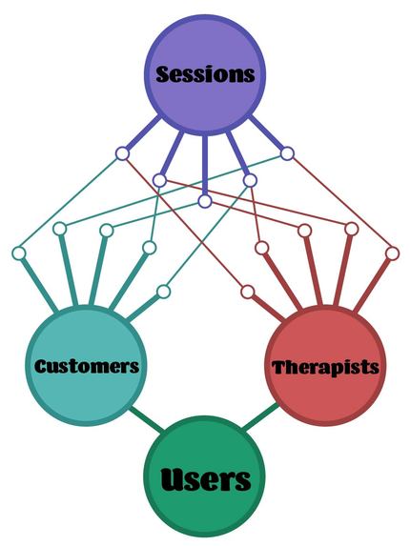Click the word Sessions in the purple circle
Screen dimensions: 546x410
click(205, 74)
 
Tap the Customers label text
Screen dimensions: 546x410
click(87, 366)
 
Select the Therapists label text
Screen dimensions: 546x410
click(325, 367)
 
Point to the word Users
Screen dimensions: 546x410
click(205, 479)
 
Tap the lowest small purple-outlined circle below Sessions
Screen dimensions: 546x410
click(205, 202)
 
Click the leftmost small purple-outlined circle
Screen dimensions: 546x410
click(122, 152)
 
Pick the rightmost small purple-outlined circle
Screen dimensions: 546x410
click(287, 152)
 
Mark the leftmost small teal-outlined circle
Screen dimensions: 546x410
click(18, 253)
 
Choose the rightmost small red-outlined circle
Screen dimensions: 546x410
click(392, 253)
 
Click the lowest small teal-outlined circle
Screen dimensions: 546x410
click(163, 291)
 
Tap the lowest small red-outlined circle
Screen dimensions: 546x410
click(247, 291)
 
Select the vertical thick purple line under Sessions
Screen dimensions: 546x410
click(205, 167)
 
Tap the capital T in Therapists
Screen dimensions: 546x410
click(278, 367)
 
